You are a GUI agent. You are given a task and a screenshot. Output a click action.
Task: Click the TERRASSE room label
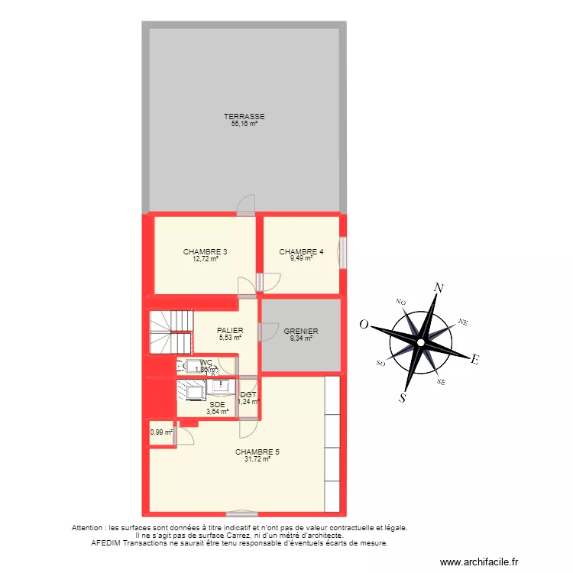tap(244, 116)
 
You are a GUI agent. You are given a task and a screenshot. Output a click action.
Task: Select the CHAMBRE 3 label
tap(205, 251)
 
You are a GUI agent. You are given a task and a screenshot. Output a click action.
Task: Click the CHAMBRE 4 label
tap(301, 251)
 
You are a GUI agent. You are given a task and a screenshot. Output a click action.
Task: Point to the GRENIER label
tap(301, 331)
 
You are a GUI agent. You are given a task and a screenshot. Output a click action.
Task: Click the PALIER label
tap(230, 331)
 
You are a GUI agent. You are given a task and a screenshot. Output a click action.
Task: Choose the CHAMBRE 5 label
tap(257, 452)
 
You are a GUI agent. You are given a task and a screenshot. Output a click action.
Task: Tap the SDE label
tap(217, 404)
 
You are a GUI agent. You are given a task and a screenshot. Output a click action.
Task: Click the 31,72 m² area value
tap(257, 459)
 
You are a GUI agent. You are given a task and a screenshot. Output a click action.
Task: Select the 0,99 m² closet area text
tap(161, 432)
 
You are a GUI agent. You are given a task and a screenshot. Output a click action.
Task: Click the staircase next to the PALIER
tap(170, 332)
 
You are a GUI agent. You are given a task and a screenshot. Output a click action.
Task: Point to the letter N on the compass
tap(439, 288)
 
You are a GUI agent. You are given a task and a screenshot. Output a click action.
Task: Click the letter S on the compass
tap(403, 397)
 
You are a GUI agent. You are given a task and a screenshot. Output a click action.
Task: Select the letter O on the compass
tap(365, 325)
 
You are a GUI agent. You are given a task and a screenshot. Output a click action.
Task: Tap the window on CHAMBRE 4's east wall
tap(344, 254)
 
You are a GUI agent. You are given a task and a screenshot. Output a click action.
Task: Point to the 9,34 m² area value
tap(301, 338)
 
